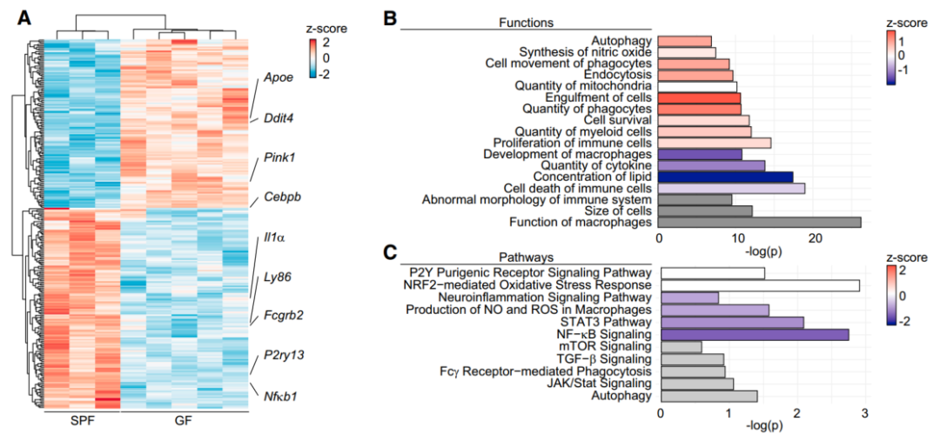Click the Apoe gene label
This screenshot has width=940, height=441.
(x=279, y=77)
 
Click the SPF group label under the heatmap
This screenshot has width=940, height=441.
(x=82, y=423)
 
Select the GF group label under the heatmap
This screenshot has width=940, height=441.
(x=183, y=423)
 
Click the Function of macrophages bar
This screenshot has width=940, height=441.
(x=759, y=223)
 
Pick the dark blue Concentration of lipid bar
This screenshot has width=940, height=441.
(x=725, y=177)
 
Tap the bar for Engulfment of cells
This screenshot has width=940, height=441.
(x=699, y=98)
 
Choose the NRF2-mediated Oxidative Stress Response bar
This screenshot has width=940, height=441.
(x=760, y=285)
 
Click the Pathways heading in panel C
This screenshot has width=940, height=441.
(x=527, y=257)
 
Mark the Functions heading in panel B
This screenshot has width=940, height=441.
(x=526, y=21)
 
